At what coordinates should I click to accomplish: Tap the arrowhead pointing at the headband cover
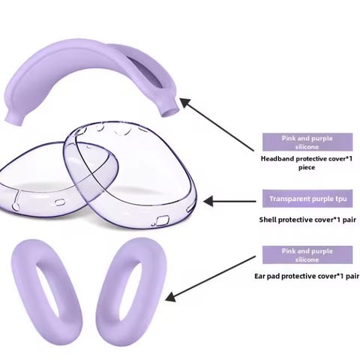click(186, 103)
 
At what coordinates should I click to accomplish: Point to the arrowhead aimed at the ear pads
click(172, 297)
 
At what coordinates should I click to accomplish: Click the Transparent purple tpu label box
click(307, 199)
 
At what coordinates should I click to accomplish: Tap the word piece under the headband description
click(307, 167)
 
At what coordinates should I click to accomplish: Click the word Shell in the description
click(268, 220)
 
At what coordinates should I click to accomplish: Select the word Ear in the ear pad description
click(260, 276)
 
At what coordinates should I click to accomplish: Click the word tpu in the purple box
click(340, 199)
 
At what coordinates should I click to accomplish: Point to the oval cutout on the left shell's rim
click(58, 202)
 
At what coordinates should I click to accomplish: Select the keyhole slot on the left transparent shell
click(16, 199)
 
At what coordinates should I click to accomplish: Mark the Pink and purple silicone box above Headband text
click(307, 142)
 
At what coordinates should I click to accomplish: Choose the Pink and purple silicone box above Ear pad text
click(307, 255)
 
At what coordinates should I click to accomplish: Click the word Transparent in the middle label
click(289, 199)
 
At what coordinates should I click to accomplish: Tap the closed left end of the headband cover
click(14, 118)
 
